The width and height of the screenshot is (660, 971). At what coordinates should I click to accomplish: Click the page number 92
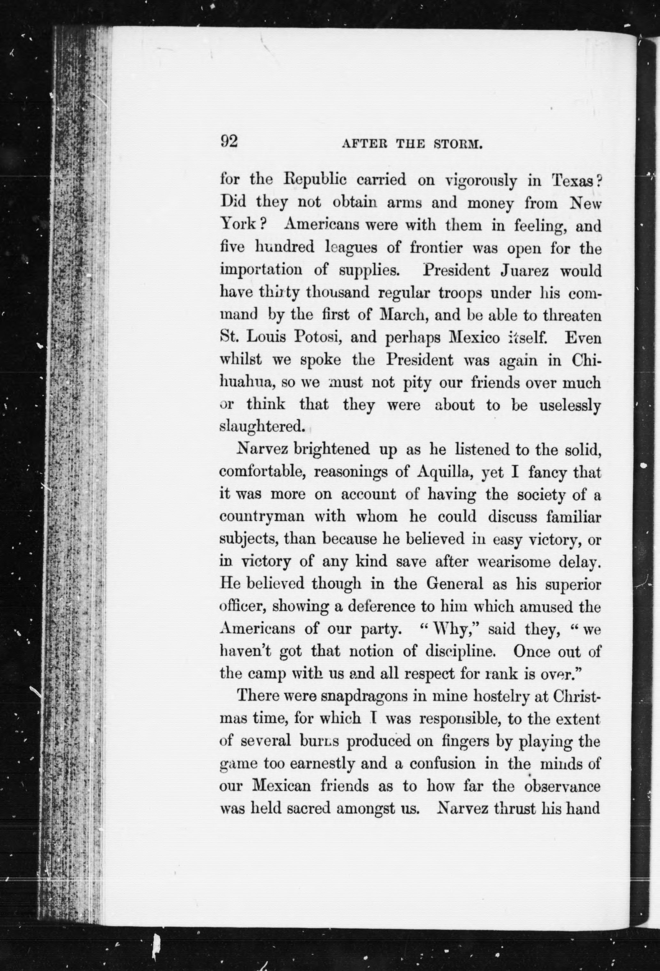coord(229,142)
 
